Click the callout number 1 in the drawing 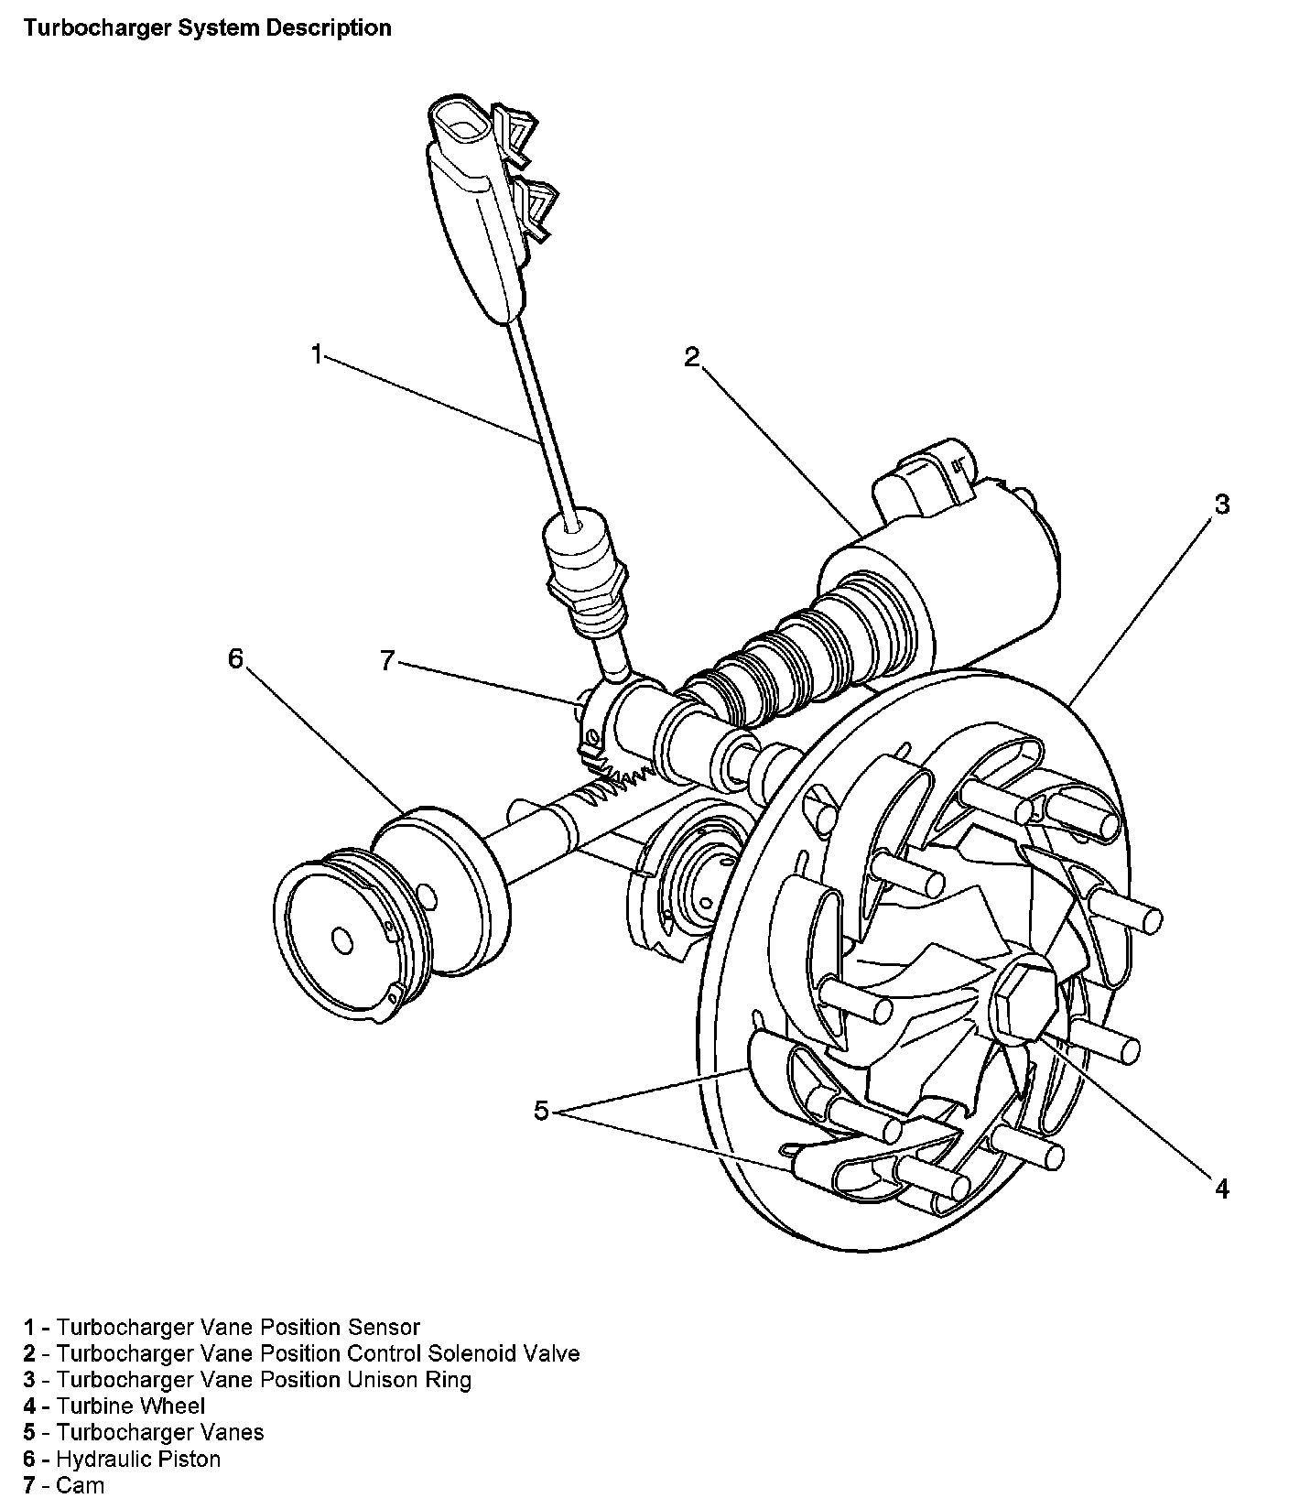(317, 354)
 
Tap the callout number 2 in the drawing (692, 356)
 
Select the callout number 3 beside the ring (1221, 505)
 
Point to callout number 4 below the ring (1221, 1189)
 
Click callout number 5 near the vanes (542, 1111)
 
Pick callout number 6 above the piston (236, 658)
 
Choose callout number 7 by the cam (387, 659)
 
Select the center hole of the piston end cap (341, 940)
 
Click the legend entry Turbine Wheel (131, 1406)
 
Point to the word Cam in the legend (81, 1485)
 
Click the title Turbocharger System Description (208, 28)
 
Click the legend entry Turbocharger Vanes (160, 1432)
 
